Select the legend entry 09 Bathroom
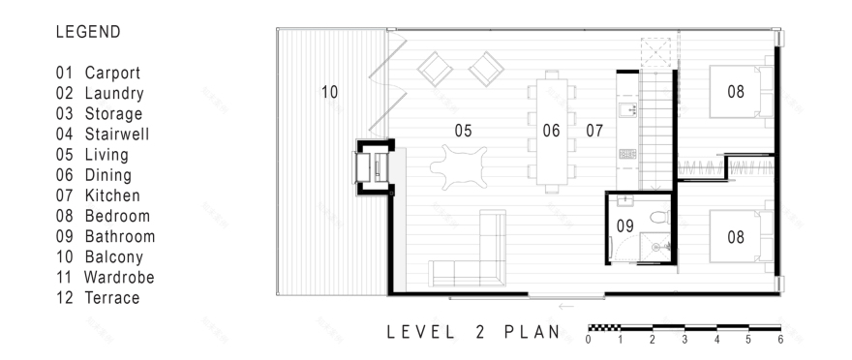pyautogui.click(x=105, y=236)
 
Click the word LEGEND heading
pyautogui.click(x=88, y=32)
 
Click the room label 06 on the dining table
pyautogui.click(x=551, y=131)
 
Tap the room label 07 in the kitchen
pyautogui.click(x=594, y=131)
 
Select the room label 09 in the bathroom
pyautogui.click(x=624, y=225)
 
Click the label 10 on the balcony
pyautogui.click(x=329, y=92)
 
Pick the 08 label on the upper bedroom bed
pyautogui.click(x=737, y=92)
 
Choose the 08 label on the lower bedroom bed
pyautogui.click(x=737, y=236)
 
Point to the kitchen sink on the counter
pyautogui.click(x=625, y=110)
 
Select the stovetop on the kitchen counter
pyautogui.click(x=625, y=153)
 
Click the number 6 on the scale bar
pyautogui.click(x=778, y=340)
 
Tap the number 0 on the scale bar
pyautogui.click(x=589, y=340)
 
